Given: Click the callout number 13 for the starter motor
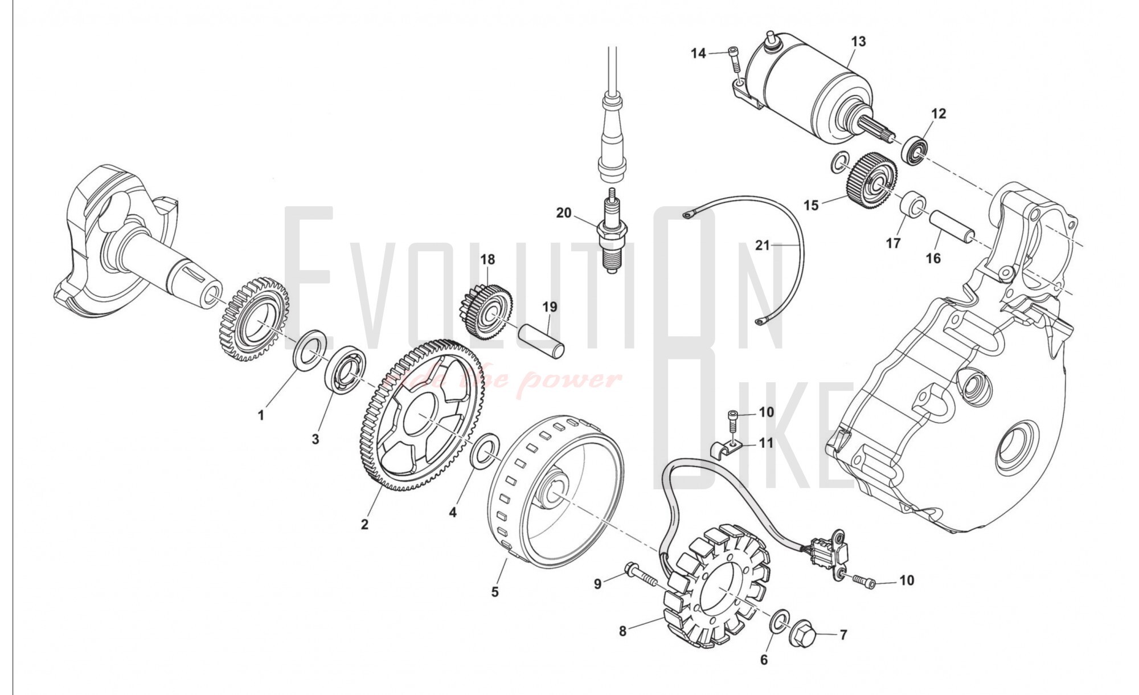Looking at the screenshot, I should coord(858,42).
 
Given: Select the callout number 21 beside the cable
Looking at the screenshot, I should coord(762,246).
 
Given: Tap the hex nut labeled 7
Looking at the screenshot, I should coord(803,632).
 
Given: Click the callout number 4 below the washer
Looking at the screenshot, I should coord(452,512).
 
